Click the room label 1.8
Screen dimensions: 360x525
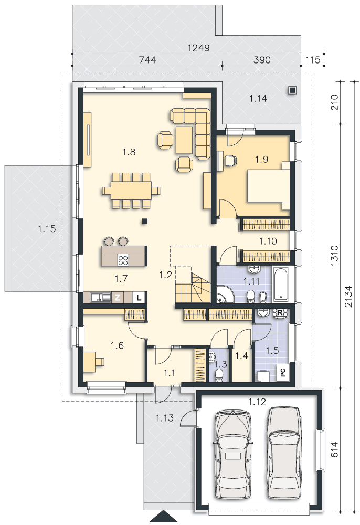tap(129, 152)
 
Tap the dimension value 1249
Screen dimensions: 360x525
tap(198, 48)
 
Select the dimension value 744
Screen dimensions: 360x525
tap(147, 60)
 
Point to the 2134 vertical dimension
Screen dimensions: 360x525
tap(348, 296)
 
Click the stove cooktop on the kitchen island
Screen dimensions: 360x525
tap(123, 260)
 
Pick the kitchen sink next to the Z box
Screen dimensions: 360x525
tap(100, 297)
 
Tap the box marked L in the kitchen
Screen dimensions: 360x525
tap(139, 297)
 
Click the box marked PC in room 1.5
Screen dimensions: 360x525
tap(283, 372)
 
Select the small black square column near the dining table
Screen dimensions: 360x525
tap(145, 221)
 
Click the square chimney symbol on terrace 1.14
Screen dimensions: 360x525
tap(292, 90)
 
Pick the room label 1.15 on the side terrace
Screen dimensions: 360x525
tap(47, 229)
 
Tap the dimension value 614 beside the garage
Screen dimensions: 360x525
tap(334, 449)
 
